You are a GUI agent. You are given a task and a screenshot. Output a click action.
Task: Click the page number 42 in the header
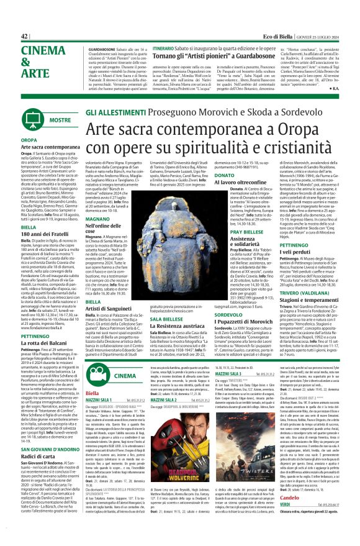click(x=24, y=36)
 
